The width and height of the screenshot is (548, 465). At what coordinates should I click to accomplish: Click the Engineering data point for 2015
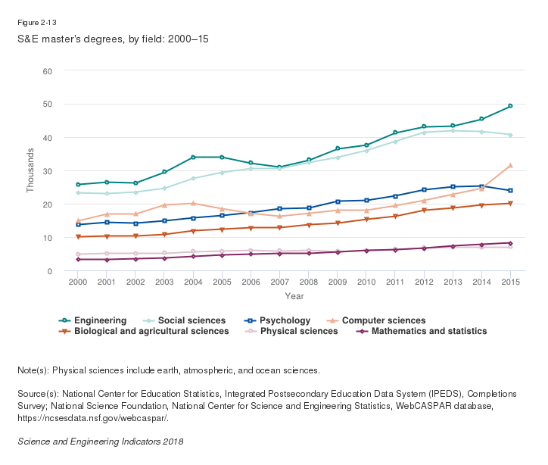pos(510,106)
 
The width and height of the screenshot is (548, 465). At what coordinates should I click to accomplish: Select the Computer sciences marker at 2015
pos(510,165)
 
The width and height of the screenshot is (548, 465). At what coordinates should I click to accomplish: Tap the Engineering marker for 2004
pos(193,158)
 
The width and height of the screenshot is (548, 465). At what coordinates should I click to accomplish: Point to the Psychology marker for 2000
pos(78,225)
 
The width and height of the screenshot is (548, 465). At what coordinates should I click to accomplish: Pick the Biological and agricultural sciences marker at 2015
pos(510,204)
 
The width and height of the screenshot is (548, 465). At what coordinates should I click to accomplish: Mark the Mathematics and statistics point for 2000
pos(78,260)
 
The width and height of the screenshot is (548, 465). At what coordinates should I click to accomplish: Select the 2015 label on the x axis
pos(510,282)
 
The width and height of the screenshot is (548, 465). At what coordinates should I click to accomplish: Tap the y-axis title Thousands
pos(31,171)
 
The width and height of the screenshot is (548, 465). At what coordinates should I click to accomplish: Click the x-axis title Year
pos(294,295)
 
